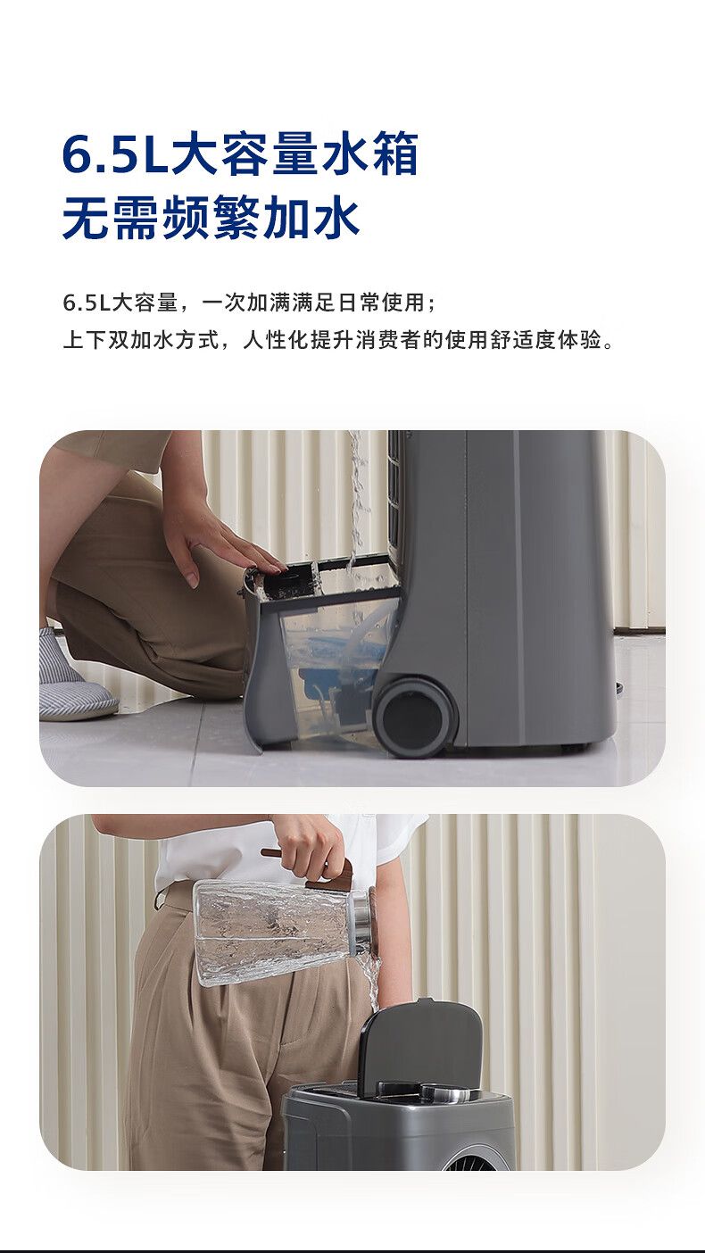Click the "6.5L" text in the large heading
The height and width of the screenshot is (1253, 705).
116,154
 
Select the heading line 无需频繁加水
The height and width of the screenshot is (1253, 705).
211,218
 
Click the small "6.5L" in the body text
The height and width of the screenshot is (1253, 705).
87,303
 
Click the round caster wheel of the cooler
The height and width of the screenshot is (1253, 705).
415,718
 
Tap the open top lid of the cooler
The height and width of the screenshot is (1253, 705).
420,1045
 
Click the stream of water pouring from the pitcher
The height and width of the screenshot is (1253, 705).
369,985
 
